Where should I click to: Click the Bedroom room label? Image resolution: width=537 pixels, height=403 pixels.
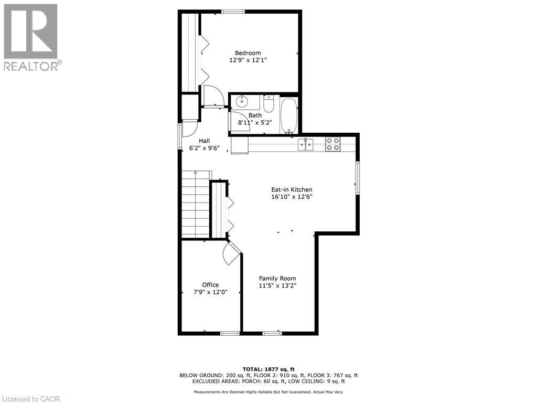point(248,53)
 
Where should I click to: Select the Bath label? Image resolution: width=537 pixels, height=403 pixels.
point(255,115)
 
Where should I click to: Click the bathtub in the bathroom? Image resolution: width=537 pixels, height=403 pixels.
point(288,115)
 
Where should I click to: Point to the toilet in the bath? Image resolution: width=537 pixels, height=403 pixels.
point(268,104)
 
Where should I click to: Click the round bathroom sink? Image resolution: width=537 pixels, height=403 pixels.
point(242,101)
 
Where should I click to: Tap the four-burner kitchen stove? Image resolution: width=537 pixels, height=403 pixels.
point(332,144)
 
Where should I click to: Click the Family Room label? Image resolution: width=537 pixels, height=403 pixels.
point(277,279)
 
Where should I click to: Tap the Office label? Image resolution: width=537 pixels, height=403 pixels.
point(210,285)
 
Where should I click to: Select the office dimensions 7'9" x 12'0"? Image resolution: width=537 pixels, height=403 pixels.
point(210,292)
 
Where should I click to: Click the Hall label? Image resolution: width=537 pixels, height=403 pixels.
point(205,141)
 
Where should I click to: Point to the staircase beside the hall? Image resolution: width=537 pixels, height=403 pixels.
point(195,205)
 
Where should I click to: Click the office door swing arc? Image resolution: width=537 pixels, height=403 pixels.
point(230,254)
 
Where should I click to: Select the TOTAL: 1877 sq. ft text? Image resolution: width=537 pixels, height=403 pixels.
point(268,369)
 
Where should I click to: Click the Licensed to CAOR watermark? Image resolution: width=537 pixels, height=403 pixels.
point(31,399)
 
